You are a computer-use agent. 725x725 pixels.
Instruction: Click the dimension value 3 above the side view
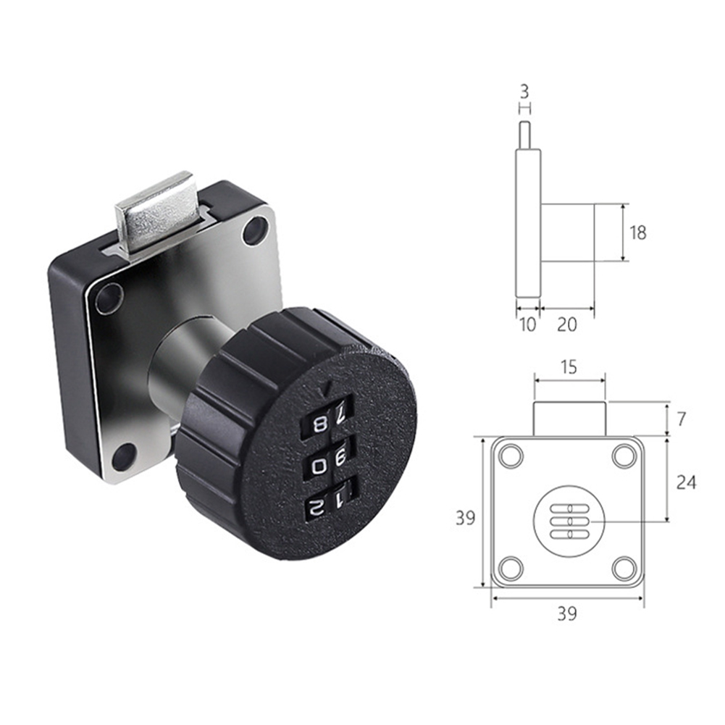[525, 93]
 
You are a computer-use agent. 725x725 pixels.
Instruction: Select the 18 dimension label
[637, 232]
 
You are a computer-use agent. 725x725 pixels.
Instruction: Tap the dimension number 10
[528, 325]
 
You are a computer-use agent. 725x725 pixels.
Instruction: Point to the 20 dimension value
[567, 325]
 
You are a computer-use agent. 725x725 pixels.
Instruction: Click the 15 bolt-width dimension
[569, 367]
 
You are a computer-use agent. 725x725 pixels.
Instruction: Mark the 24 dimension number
[685, 482]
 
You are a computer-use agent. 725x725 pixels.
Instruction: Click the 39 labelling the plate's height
[465, 518]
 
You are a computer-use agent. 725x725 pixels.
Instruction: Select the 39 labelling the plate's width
[567, 614]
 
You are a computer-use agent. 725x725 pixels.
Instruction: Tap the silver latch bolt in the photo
[154, 210]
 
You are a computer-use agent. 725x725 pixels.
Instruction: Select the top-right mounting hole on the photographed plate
[255, 231]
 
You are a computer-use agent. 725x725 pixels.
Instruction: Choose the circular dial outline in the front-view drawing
[567, 520]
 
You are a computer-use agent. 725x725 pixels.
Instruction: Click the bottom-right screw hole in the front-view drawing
[624, 569]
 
